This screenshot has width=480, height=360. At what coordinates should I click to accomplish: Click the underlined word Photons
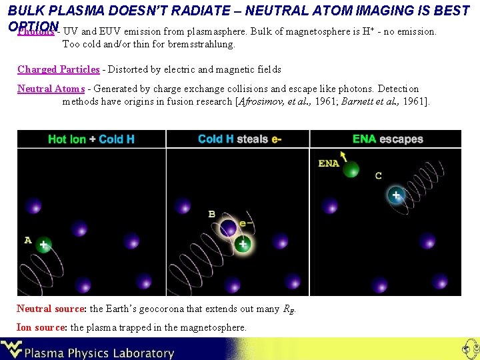tap(36, 32)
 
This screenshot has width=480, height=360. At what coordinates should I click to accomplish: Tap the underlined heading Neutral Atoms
tap(51, 89)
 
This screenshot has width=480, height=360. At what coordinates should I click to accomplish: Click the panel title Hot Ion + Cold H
tap(91, 139)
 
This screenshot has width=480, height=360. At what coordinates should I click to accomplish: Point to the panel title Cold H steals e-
tap(239, 139)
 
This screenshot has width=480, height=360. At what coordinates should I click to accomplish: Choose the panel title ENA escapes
tap(388, 139)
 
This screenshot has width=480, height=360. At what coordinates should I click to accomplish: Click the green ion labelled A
tap(43, 245)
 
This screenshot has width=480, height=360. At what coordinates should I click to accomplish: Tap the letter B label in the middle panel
tap(211, 214)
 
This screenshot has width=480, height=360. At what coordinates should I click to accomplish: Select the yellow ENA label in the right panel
tap(328, 163)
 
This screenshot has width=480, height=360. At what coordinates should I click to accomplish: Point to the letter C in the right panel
tap(379, 175)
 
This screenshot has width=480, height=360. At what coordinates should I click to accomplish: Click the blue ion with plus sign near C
tap(397, 195)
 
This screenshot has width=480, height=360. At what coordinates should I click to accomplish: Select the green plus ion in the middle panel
tap(243, 244)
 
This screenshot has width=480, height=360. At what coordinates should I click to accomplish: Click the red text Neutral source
tap(51, 309)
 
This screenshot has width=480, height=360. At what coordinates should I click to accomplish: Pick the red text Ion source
tap(41, 327)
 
